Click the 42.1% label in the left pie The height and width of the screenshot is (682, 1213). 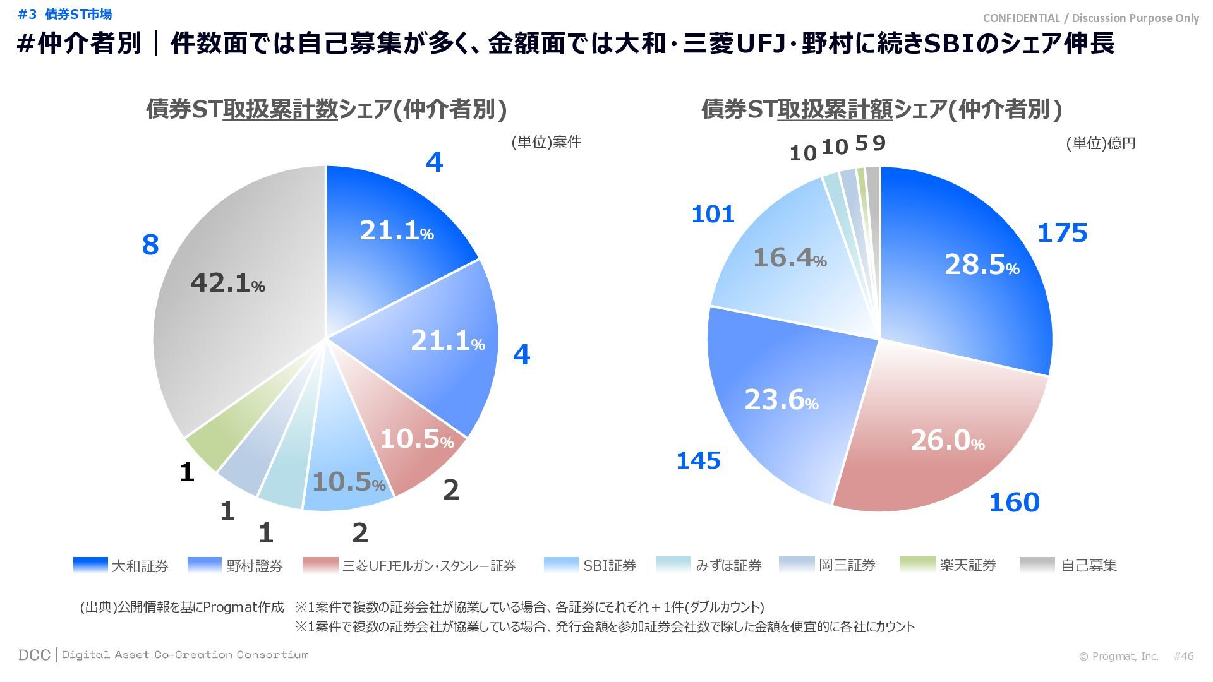[x=227, y=283]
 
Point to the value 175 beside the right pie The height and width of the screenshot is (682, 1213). [x=1062, y=233]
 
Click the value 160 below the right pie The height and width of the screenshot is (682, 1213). [x=1014, y=503]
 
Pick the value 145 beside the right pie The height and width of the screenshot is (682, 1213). [x=698, y=461]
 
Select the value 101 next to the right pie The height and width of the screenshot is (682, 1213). [x=713, y=215]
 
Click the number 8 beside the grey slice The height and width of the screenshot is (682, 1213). [x=150, y=245]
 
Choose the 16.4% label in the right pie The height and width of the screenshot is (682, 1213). [x=790, y=258]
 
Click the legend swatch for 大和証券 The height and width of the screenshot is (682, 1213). [x=90, y=565]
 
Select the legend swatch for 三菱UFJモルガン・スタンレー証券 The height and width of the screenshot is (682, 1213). [x=320, y=565]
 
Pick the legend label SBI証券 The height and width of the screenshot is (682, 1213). [x=609, y=566]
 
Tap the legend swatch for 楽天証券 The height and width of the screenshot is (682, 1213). [x=917, y=565]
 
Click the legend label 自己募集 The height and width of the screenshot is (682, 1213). [x=1089, y=566]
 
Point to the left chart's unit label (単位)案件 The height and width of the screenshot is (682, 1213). [x=546, y=142]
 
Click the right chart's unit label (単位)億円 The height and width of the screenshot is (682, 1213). [x=1101, y=143]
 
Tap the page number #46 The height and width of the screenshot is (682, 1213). [x=1183, y=656]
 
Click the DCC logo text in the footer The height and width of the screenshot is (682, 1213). [x=34, y=655]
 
